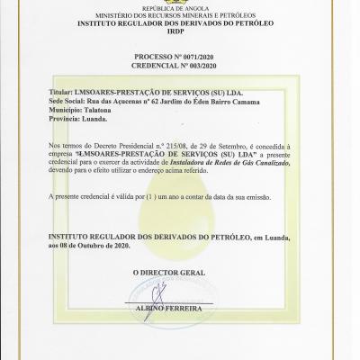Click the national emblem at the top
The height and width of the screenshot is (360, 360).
[180, 4]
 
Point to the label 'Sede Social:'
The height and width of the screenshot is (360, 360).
[69, 101]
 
